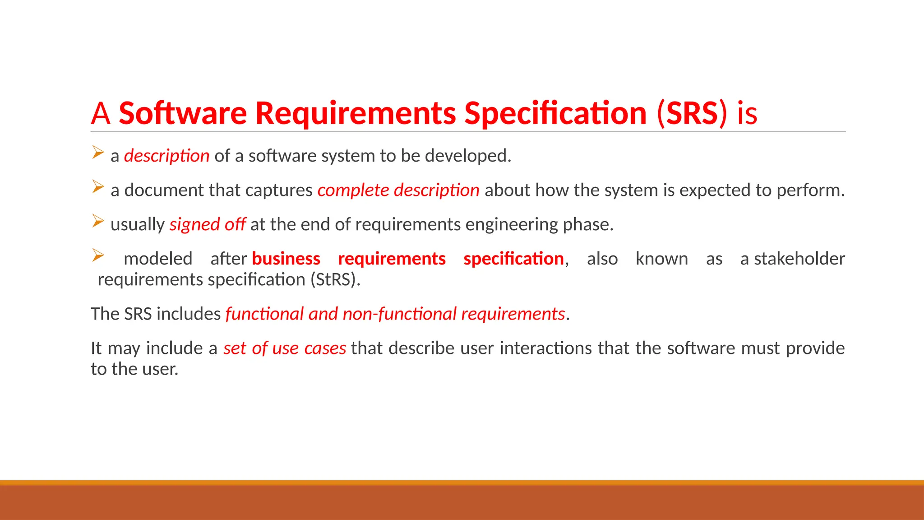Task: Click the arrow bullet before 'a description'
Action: [x=98, y=152]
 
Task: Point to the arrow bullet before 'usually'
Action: [x=98, y=221]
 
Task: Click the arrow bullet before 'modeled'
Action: [x=98, y=255]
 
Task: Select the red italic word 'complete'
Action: [x=353, y=190]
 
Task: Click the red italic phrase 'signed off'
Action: [x=207, y=224]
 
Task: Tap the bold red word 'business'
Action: [x=286, y=259]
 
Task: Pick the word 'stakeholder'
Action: [x=799, y=259]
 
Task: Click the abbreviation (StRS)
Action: [x=335, y=280]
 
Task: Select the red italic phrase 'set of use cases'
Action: [x=285, y=348]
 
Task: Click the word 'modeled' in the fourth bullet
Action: [x=158, y=259]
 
